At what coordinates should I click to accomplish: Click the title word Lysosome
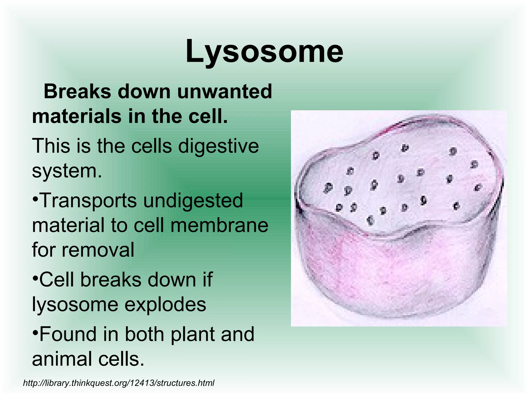point(264,51)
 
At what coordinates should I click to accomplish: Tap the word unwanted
point(224,92)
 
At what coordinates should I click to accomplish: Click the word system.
point(67,171)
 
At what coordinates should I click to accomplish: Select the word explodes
point(165,304)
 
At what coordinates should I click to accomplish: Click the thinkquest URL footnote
point(119,383)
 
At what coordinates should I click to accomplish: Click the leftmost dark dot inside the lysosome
point(328,188)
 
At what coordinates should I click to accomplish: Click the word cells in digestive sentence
point(151,146)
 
